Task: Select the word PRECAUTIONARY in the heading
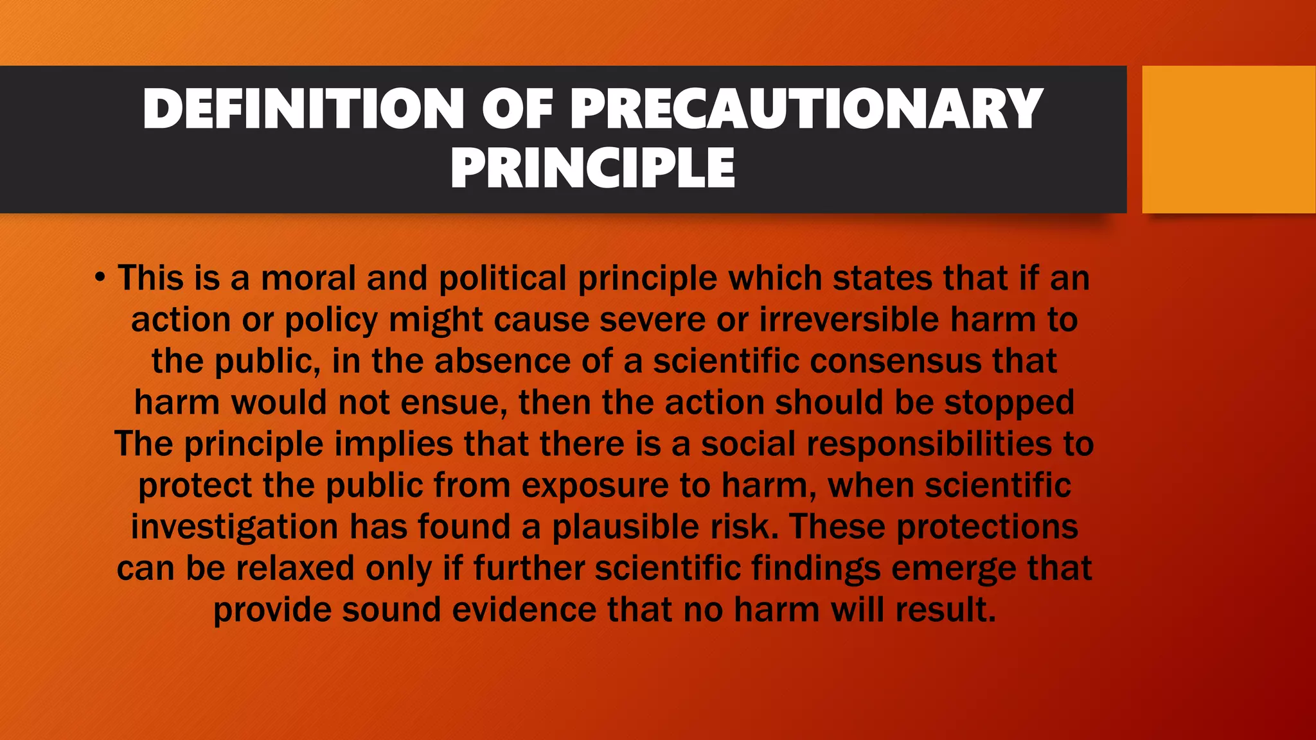coord(806,109)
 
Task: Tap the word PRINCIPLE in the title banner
coord(592,168)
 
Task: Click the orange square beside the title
coord(1229,139)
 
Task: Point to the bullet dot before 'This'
coord(99,278)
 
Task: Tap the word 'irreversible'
coord(849,319)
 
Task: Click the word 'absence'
coord(502,360)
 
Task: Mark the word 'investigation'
coord(235,527)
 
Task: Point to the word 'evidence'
coord(524,609)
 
